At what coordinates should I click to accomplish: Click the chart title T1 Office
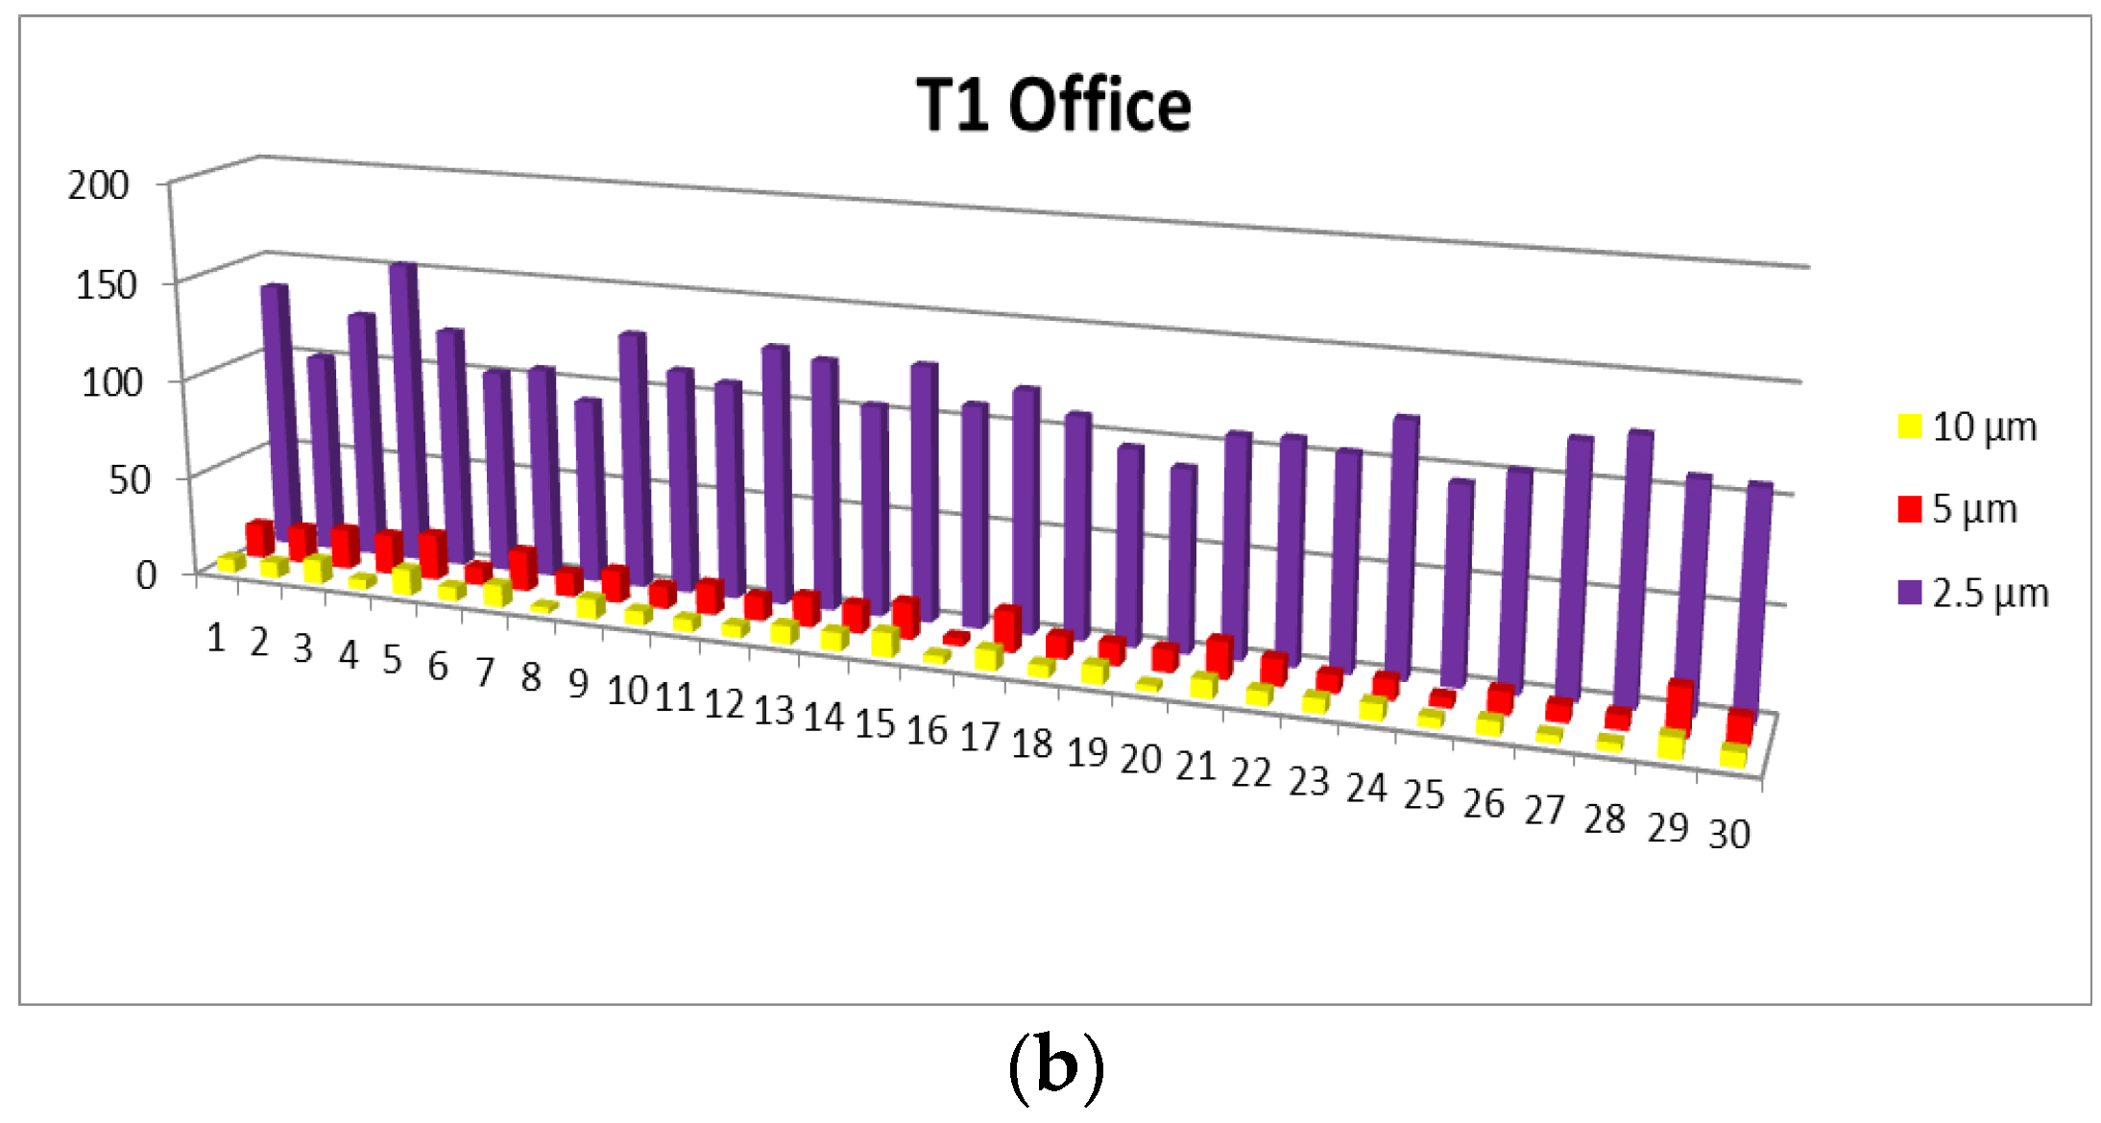(1053, 105)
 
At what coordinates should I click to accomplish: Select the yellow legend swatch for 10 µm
(1910, 426)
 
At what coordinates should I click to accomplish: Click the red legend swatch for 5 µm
(1910, 509)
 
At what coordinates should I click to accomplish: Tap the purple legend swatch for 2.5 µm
(1910, 593)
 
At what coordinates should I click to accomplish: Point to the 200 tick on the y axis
(98, 184)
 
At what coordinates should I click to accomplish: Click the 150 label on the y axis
(106, 284)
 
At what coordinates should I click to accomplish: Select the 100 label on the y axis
(111, 382)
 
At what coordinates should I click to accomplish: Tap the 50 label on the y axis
(129, 478)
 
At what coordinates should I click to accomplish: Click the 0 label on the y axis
(146, 574)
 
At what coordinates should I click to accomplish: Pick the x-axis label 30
(1728, 834)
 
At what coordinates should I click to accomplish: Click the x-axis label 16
(927, 731)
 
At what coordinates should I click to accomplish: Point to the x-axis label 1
(216, 638)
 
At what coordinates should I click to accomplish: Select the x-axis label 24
(1365, 788)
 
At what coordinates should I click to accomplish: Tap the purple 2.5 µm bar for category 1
(278, 403)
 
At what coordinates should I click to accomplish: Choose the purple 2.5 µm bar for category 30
(1755, 596)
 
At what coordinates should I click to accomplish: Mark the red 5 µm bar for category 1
(259, 537)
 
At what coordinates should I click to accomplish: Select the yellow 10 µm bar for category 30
(1733, 755)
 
